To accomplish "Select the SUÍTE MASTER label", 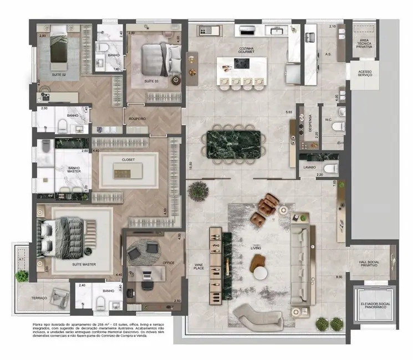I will (84, 264).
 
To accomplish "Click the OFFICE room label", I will (169, 263).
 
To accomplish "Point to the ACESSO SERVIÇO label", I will (364, 72).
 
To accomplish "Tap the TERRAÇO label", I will (39, 298).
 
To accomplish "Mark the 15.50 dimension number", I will (190, 164).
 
